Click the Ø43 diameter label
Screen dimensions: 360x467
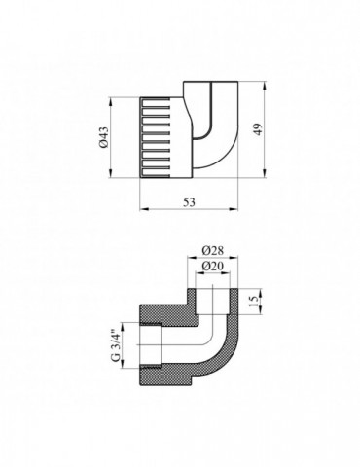tap(104, 137)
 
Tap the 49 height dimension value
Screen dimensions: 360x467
tap(259, 129)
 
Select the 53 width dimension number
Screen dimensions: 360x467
tap(190, 202)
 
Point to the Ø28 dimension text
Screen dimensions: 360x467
tap(213, 251)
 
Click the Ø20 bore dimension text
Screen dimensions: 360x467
tap(213, 266)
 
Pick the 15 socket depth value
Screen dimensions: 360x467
tap(255, 302)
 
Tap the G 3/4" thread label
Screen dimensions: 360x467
tap(115, 345)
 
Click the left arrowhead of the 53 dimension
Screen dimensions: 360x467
tap(143, 208)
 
